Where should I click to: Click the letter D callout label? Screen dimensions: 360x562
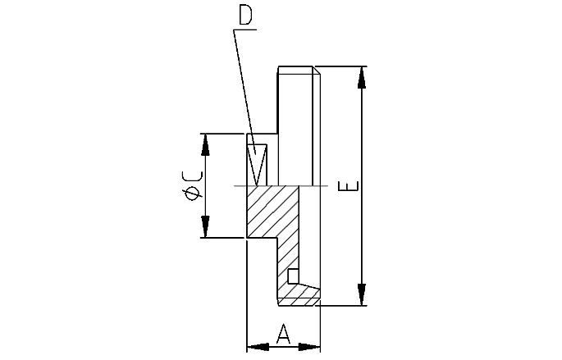click(245, 16)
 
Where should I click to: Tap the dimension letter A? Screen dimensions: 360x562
click(283, 334)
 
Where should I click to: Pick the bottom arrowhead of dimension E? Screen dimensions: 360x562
click(360, 294)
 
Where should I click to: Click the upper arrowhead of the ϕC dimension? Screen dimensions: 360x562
click(206, 144)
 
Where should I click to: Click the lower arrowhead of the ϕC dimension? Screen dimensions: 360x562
click(206, 227)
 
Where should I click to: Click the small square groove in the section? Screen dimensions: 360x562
click(293, 275)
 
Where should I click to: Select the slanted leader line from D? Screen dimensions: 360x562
click(243, 82)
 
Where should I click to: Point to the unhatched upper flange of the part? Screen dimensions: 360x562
click(295, 123)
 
